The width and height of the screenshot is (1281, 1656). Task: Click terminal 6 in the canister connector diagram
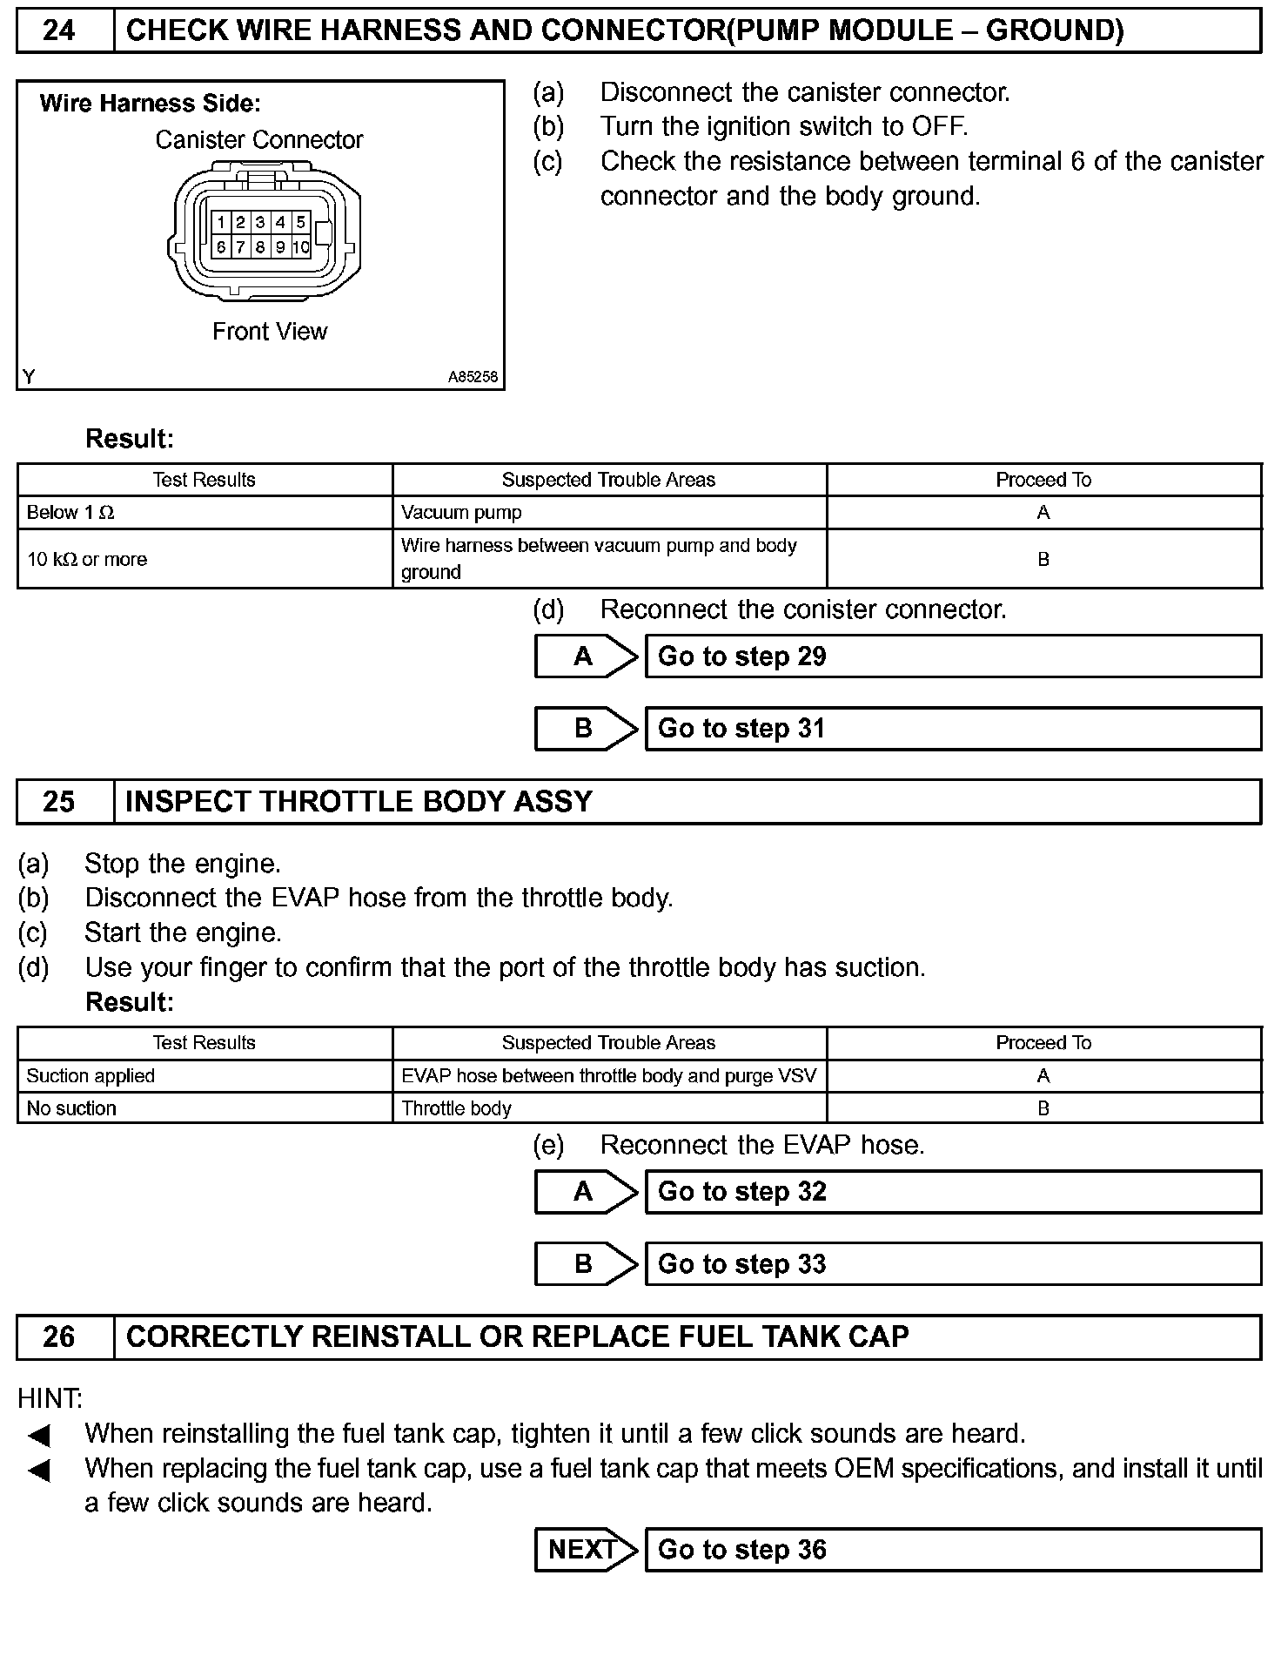coord(221,247)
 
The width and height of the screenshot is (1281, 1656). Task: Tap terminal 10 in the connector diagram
coord(301,247)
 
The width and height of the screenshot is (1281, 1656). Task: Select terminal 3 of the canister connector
coord(260,223)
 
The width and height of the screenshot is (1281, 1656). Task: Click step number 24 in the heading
coord(59,31)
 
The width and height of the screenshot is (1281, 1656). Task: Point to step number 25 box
coord(59,802)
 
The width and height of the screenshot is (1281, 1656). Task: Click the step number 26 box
coord(59,1336)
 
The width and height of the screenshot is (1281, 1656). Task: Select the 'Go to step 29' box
coord(953,656)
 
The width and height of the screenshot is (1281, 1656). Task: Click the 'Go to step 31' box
coord(953,729)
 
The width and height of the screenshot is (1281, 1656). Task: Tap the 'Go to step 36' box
coord(953,1550)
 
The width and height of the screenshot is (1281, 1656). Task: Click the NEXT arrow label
coord(583,1550)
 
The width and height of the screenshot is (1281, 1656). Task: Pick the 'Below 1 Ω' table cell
coord(70,513)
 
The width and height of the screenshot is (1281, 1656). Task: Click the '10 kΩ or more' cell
coord(87,559)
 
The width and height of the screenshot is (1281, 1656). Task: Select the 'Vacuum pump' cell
coord(461,513)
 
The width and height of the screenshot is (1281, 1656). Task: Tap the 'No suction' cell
coord(71,1108)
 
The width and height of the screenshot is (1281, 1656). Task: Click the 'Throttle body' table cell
coord(457,1108)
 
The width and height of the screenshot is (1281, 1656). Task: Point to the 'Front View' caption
coord(270,332)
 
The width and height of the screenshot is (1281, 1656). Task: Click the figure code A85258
coord(473,377)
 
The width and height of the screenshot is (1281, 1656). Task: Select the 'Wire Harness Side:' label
coord(151,104)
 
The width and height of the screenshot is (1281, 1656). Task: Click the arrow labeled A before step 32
coord(583,1192)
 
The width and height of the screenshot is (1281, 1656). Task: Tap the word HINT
coord(50,1399)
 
